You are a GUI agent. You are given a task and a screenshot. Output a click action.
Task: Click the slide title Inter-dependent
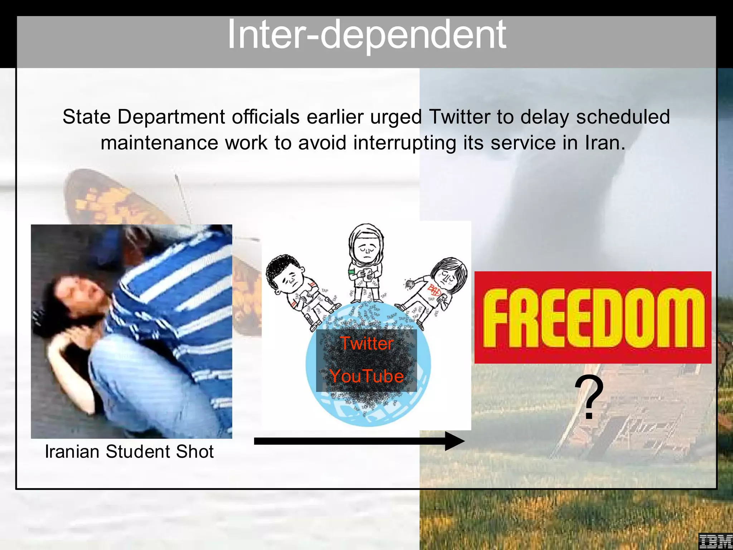coord(366,35)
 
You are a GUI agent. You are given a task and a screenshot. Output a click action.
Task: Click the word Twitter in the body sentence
coord(459,117)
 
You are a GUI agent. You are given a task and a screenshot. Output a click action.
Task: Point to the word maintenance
coord(159,143)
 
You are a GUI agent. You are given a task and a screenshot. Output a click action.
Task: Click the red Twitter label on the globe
coord(366,343)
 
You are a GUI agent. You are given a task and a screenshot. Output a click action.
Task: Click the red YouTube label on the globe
coord(366,376)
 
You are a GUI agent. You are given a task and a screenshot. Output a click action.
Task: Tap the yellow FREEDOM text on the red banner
coord(593,318)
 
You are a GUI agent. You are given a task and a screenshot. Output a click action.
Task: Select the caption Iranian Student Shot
coord(129,452)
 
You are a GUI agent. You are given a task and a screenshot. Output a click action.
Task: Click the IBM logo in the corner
coord(715,541)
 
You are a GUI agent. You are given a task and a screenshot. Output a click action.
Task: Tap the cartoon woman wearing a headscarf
coord(366,261)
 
